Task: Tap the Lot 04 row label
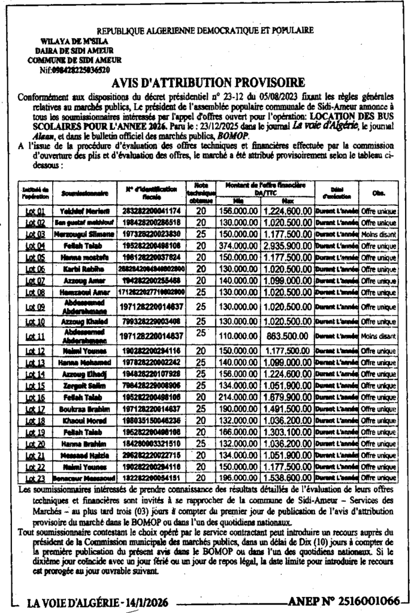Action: point(36,245)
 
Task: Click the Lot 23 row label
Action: point(36,478)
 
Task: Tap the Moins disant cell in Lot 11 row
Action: point(378,336)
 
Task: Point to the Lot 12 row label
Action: point(36,351)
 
